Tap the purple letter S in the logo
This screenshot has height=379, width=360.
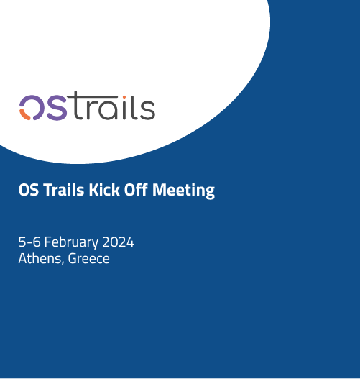[x=57, y=108]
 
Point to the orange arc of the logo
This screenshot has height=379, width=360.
[x=24, y=115]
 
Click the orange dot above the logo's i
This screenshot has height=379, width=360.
[x=124, y=97]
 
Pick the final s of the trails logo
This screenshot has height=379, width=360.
[x=147, y=110]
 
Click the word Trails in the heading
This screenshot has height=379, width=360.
[x=64, y=190]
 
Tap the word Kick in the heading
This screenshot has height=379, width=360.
[x=104, y=190]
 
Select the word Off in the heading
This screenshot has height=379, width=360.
[x=136, y=189]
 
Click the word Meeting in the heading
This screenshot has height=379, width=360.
[x=183, y=191]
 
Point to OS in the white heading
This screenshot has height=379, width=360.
[x=29, y=190]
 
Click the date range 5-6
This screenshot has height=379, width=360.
[x=29, y=242]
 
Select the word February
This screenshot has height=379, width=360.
[x=71, y=242]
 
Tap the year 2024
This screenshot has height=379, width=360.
[x=118, y=242]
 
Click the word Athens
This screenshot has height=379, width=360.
[x=40, y=258]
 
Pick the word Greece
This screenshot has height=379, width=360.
[x=88, y=259]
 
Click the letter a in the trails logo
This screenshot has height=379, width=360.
[x=108, y=110]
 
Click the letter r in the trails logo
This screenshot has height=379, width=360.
[x=89, y=110]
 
